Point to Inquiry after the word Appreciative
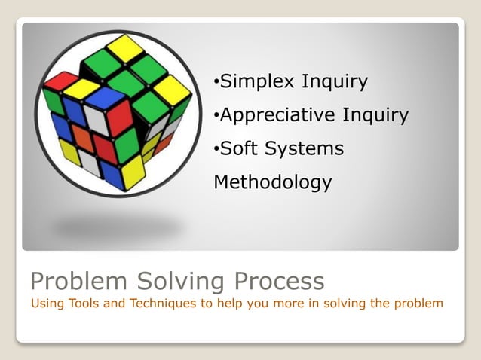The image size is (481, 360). [375, 115]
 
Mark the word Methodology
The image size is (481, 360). [272, 182]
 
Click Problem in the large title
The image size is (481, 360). [79, 281]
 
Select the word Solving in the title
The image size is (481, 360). [179, 281]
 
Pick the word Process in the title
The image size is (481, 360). [279, 281]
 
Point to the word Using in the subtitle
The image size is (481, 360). [46, 304]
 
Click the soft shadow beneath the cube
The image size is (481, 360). [117, 225]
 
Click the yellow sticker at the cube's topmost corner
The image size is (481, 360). [124, 47]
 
